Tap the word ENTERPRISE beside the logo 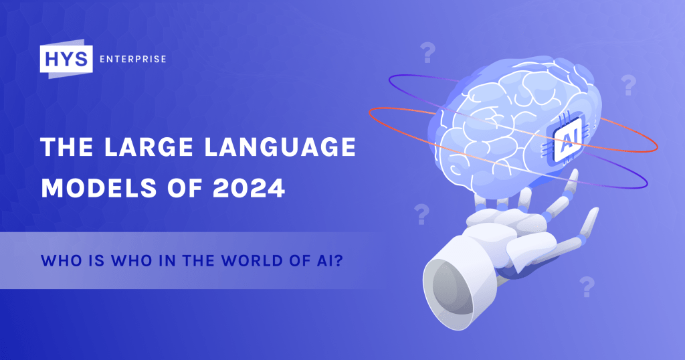pyautogui.click(x=132, y=59)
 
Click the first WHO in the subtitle pyautogui.click(x=59, y=260)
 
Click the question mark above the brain pyautogui.click(x=426, y=51)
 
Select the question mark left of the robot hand pyautogui.click(x=421, y=214)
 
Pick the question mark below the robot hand pyautogui.click(x=587, y=286)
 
